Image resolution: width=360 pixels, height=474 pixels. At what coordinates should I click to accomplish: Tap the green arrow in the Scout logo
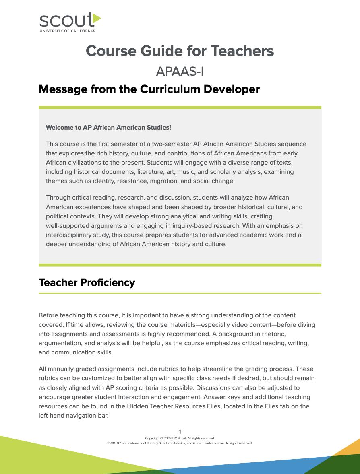click(97, 19)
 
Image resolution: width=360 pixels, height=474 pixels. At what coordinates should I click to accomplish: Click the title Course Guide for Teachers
click(180, 51)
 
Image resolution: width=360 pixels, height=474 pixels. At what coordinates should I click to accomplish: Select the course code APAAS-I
click(180, 71)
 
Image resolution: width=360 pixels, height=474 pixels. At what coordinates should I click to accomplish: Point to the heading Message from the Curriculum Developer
click(149, 89)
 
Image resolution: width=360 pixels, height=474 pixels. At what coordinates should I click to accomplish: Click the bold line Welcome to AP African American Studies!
click(108, 128)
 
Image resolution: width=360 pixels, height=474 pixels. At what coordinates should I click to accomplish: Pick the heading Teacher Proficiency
click(87, 282)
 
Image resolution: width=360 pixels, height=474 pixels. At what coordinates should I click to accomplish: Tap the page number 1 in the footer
click(180, 432)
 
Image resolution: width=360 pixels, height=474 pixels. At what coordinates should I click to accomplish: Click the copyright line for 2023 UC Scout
click(180, 438)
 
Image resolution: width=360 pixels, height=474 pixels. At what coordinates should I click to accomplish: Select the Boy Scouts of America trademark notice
click(180, 443)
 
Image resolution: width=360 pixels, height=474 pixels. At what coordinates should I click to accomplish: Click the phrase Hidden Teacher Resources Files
click(174, 406)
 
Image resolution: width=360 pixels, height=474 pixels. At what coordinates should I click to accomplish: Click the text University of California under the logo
click(67, 31)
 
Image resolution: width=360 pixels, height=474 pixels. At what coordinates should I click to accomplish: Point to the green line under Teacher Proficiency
click(180, 293)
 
